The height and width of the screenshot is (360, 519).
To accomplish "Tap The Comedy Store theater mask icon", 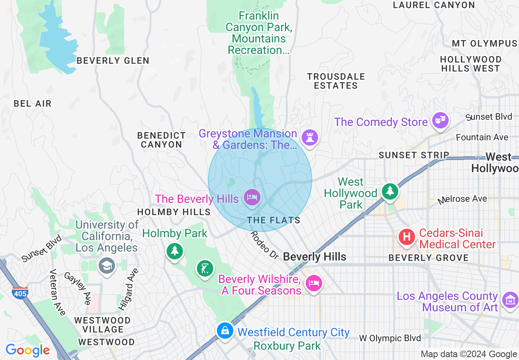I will pos(440,120).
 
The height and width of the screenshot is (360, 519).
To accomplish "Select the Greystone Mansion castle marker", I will pos(310,137).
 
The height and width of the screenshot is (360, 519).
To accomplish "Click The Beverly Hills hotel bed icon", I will pos(252,198).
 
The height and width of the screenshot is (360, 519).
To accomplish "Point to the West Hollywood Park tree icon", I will pos(390,191).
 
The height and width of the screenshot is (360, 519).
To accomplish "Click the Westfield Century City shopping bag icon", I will pos(225,330).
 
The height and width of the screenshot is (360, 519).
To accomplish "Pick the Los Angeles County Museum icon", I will pos(510,300).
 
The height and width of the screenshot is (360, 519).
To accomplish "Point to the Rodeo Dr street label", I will pos(264,245).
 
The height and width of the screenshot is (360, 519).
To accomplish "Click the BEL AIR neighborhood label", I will pos(33,103).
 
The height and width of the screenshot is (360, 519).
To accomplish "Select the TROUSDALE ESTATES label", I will pos(336,81).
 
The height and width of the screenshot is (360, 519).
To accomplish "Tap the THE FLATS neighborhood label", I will pos(273,220).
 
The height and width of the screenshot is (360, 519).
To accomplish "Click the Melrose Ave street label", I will pos(463,199).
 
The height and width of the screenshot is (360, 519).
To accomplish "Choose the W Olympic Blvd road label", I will pos(390,338).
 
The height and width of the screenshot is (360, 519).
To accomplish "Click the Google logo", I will pos(27,351).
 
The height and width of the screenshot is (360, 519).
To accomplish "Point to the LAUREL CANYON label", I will pos(434,5).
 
